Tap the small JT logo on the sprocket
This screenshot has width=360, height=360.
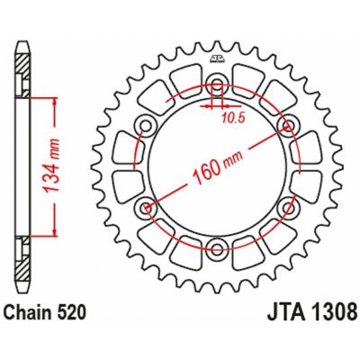(x=216, y=58)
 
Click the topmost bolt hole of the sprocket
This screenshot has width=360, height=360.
(x=216, y=86)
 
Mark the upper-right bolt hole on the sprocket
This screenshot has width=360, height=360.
(x=287, y=127)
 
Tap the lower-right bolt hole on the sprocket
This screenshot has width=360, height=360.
(x=287, y=208)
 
